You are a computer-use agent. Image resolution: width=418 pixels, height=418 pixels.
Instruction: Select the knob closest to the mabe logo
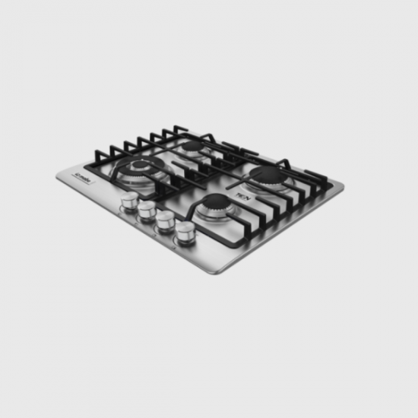tap(130, 200)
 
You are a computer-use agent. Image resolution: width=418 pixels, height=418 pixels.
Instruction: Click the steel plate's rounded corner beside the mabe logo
tap(59, 176)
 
